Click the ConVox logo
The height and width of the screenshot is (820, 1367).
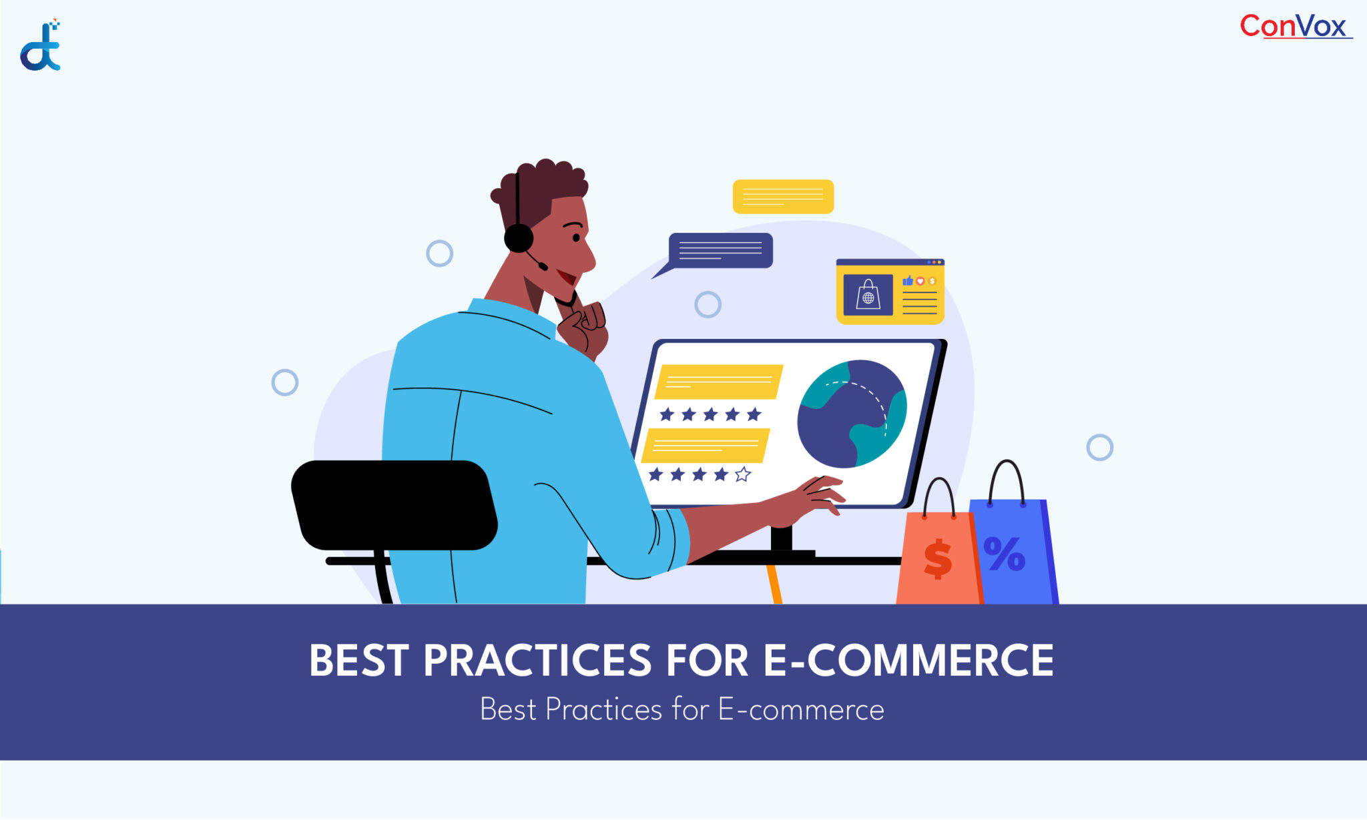coord(1296,27)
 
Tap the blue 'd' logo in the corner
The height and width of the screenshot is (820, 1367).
coord(40,45)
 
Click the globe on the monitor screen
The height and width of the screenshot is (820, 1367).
coord(852,414)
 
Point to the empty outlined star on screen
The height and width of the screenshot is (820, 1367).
coord(743,474)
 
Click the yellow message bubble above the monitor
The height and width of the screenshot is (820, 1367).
coord(783,197)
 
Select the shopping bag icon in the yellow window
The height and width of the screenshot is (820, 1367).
coord(868,294)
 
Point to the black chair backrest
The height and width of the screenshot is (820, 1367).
coord(394,505)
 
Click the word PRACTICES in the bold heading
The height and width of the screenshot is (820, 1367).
coord(537,661)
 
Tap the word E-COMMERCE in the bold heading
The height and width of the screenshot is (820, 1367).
coord(908,661)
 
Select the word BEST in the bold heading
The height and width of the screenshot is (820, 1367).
coord(359,661)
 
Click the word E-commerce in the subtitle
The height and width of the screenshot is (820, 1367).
coord(801,709)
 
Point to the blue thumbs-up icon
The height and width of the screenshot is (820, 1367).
coord(908,281)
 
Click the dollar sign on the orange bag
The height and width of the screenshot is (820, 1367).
coord(938,558)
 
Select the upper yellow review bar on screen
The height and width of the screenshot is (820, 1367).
coord(718,382)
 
